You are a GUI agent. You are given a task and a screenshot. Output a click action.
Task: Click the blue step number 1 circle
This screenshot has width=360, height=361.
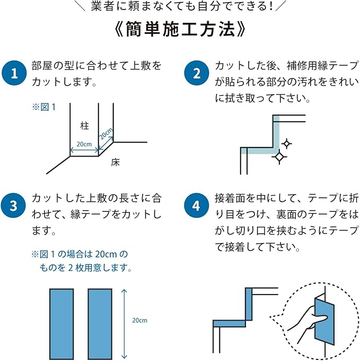(14, 74)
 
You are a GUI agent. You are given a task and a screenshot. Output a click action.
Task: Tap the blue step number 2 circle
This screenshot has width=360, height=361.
(197, 74)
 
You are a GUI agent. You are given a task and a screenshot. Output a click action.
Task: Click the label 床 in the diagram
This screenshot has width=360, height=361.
(115, 162)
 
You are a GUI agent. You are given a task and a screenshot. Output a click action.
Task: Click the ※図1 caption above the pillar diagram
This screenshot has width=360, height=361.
(44, 107)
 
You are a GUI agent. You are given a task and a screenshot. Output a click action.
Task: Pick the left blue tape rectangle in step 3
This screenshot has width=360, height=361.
(62, 324)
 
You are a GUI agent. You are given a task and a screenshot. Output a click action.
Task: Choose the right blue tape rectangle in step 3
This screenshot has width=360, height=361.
(100, 324)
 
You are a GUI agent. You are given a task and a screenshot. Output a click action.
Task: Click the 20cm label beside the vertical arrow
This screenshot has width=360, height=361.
(139, 321)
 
